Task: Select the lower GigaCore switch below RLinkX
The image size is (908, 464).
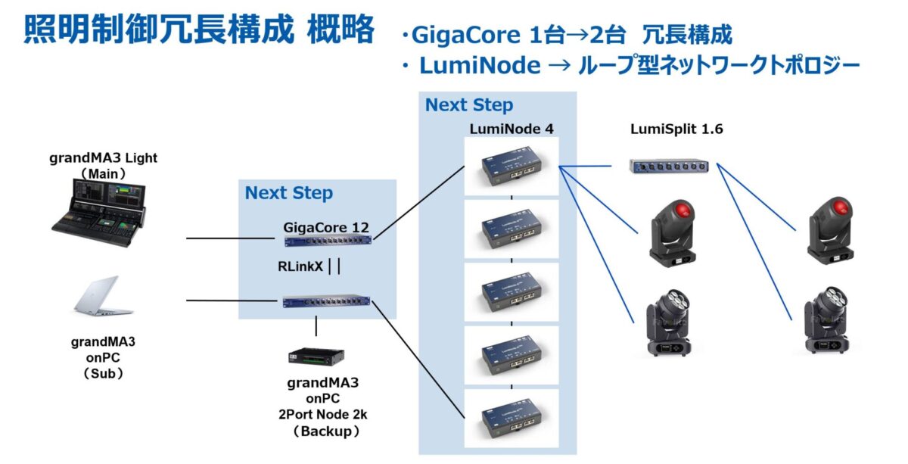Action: click(328, 302)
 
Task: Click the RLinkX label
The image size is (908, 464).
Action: click(301, 266)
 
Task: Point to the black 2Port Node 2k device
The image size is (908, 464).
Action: click(316, 356)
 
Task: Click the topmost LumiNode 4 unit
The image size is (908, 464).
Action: click(511, 167)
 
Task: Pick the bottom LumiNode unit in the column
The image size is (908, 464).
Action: click(511, 419)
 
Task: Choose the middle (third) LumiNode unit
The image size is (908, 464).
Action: click(511, 293)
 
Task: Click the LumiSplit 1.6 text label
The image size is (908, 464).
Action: click(676, 129)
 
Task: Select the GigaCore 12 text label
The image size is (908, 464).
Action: click(328, 226)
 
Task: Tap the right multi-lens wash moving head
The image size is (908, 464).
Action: click(830, 322)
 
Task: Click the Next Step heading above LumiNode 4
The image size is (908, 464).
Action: click(468, 105)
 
